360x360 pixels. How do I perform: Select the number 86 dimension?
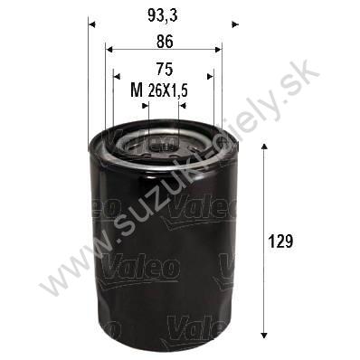[163, 41]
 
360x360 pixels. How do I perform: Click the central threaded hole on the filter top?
[163, 139]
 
